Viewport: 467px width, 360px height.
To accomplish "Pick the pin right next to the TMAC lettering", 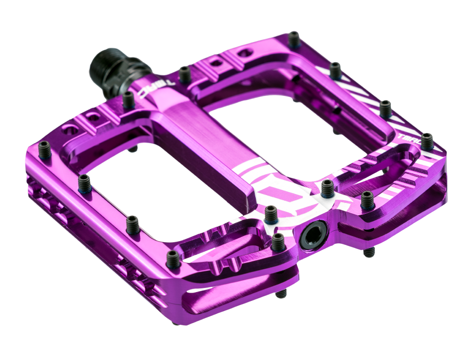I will (x=427, y=141).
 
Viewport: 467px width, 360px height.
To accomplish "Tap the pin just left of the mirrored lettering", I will (x=129, y=100).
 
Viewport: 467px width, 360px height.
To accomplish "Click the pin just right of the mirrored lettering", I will (x=184, y=74).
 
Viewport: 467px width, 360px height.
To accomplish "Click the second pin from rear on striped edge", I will (x=336, y=70).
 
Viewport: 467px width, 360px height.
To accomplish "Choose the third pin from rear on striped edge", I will (x=385, y=108).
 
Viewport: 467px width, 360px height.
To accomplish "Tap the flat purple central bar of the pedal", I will (x=192, y=130).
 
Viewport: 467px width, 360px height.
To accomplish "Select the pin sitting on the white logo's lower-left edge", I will (x=270, y=214).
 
